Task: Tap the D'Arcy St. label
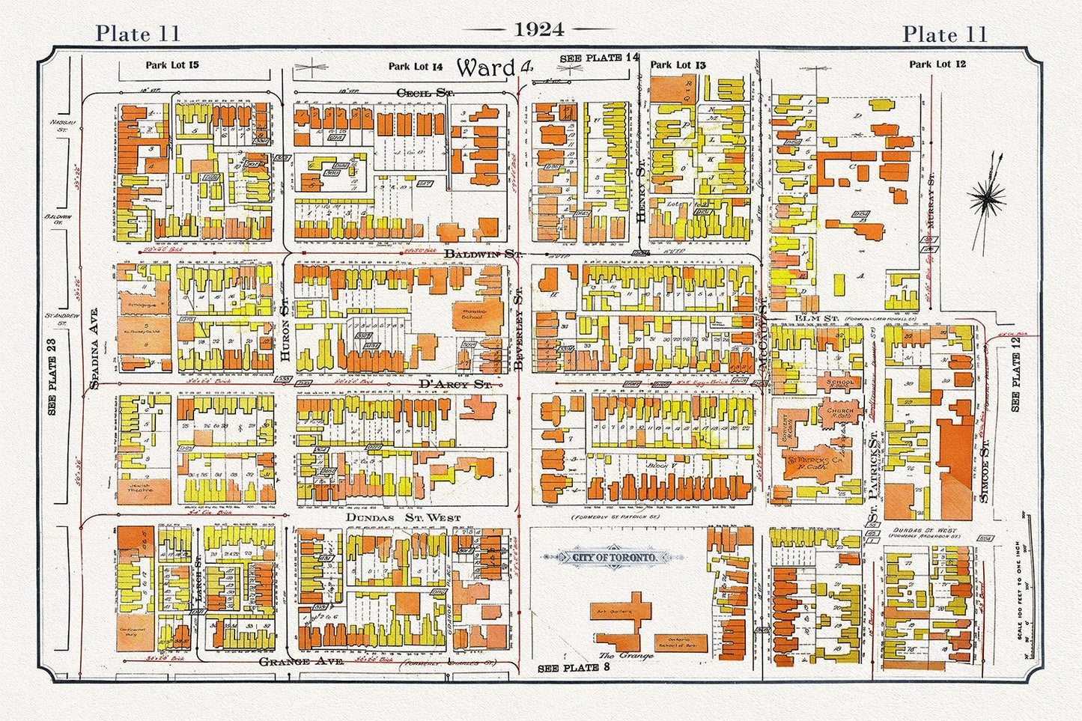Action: coord(455,384)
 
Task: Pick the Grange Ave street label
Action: coord(301,663)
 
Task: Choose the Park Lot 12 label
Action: coord(937,64)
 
